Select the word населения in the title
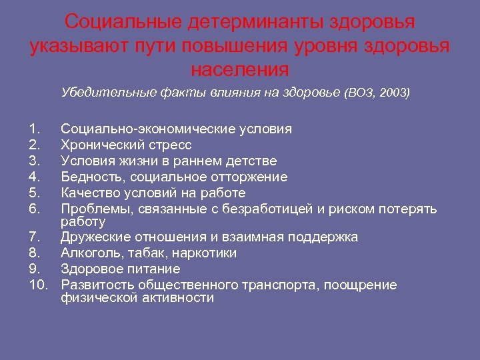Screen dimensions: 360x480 click(239, 69)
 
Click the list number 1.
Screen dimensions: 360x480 click(35, 129)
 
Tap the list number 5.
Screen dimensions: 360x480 click(35, 193)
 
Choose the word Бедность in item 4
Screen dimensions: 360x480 click(93, 177)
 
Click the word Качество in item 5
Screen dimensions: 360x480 click(90, 193)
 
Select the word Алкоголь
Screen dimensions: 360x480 click(90, 253)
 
